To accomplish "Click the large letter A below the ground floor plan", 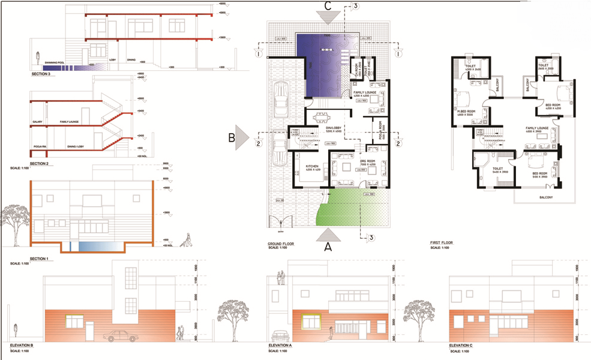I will tap(328, 245).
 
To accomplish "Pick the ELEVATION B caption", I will tap(22, 346).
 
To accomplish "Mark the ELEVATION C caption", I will tap(461, 346).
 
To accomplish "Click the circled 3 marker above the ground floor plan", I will tap(356, 6).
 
